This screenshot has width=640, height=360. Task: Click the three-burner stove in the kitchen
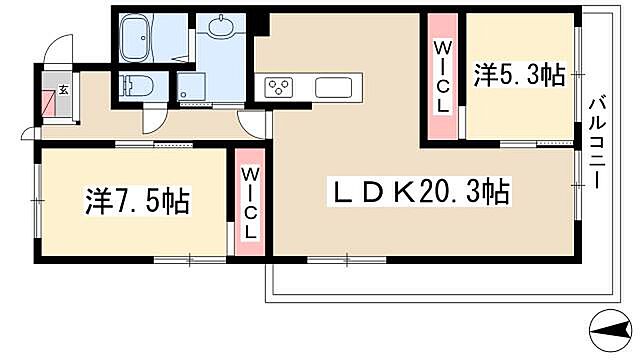[x=277, y=87]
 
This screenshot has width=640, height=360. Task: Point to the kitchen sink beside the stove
[x=331, y=87]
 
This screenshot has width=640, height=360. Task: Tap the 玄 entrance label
[x=62, y=90]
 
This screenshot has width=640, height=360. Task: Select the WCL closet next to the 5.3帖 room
[x=442, y=77]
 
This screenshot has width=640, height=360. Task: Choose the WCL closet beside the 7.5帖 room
[x=251, y=203]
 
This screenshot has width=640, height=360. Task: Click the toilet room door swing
[x=155, y=119]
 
